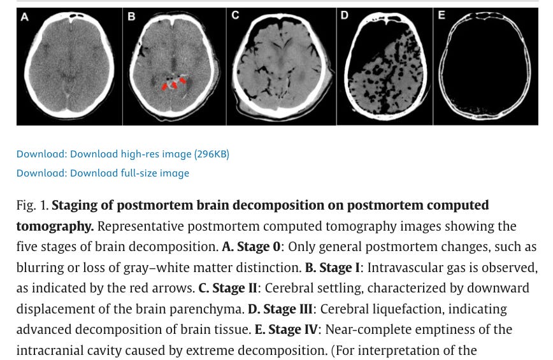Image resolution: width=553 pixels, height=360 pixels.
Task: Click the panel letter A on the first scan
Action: point(24,17)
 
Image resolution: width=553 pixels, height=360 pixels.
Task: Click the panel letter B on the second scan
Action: point(131,17)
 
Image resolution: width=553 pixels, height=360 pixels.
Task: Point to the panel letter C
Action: point(235,15)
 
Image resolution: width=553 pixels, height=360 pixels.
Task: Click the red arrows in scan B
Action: point(173,83)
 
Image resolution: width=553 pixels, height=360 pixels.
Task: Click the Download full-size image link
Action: point(103,173)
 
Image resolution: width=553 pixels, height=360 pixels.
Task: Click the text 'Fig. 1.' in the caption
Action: point(32,205)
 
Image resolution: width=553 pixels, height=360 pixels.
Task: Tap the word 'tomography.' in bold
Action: point(55,226)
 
